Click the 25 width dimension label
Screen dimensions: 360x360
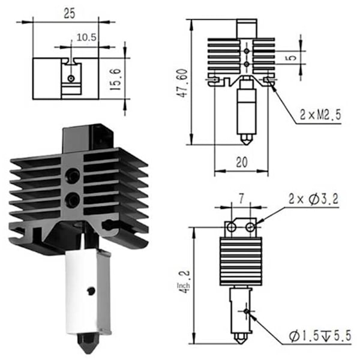click(x=70, y=14)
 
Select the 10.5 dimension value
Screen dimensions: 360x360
click(x=86, y=37)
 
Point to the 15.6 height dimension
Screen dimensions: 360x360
click(x=115, y=79)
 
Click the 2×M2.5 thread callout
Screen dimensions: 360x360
click(x=320, y=115)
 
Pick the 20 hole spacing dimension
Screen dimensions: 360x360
click(x=242, y=162)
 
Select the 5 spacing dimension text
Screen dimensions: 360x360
click(x=292, y=58)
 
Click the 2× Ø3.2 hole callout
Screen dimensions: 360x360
click(x=313, y=199)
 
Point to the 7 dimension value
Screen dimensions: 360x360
click(x=241, y=199)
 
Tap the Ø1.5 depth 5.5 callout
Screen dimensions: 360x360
click(x=320, y=335)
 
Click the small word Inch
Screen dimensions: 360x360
click(x=184, y=286)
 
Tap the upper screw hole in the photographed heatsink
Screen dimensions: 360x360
click(x=72, y=175)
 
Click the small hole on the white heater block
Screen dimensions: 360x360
click(x=91, y=291)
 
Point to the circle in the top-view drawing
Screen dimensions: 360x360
click(x=71, y=79)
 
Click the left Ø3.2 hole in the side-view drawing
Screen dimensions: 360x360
click(x=231, y=227)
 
